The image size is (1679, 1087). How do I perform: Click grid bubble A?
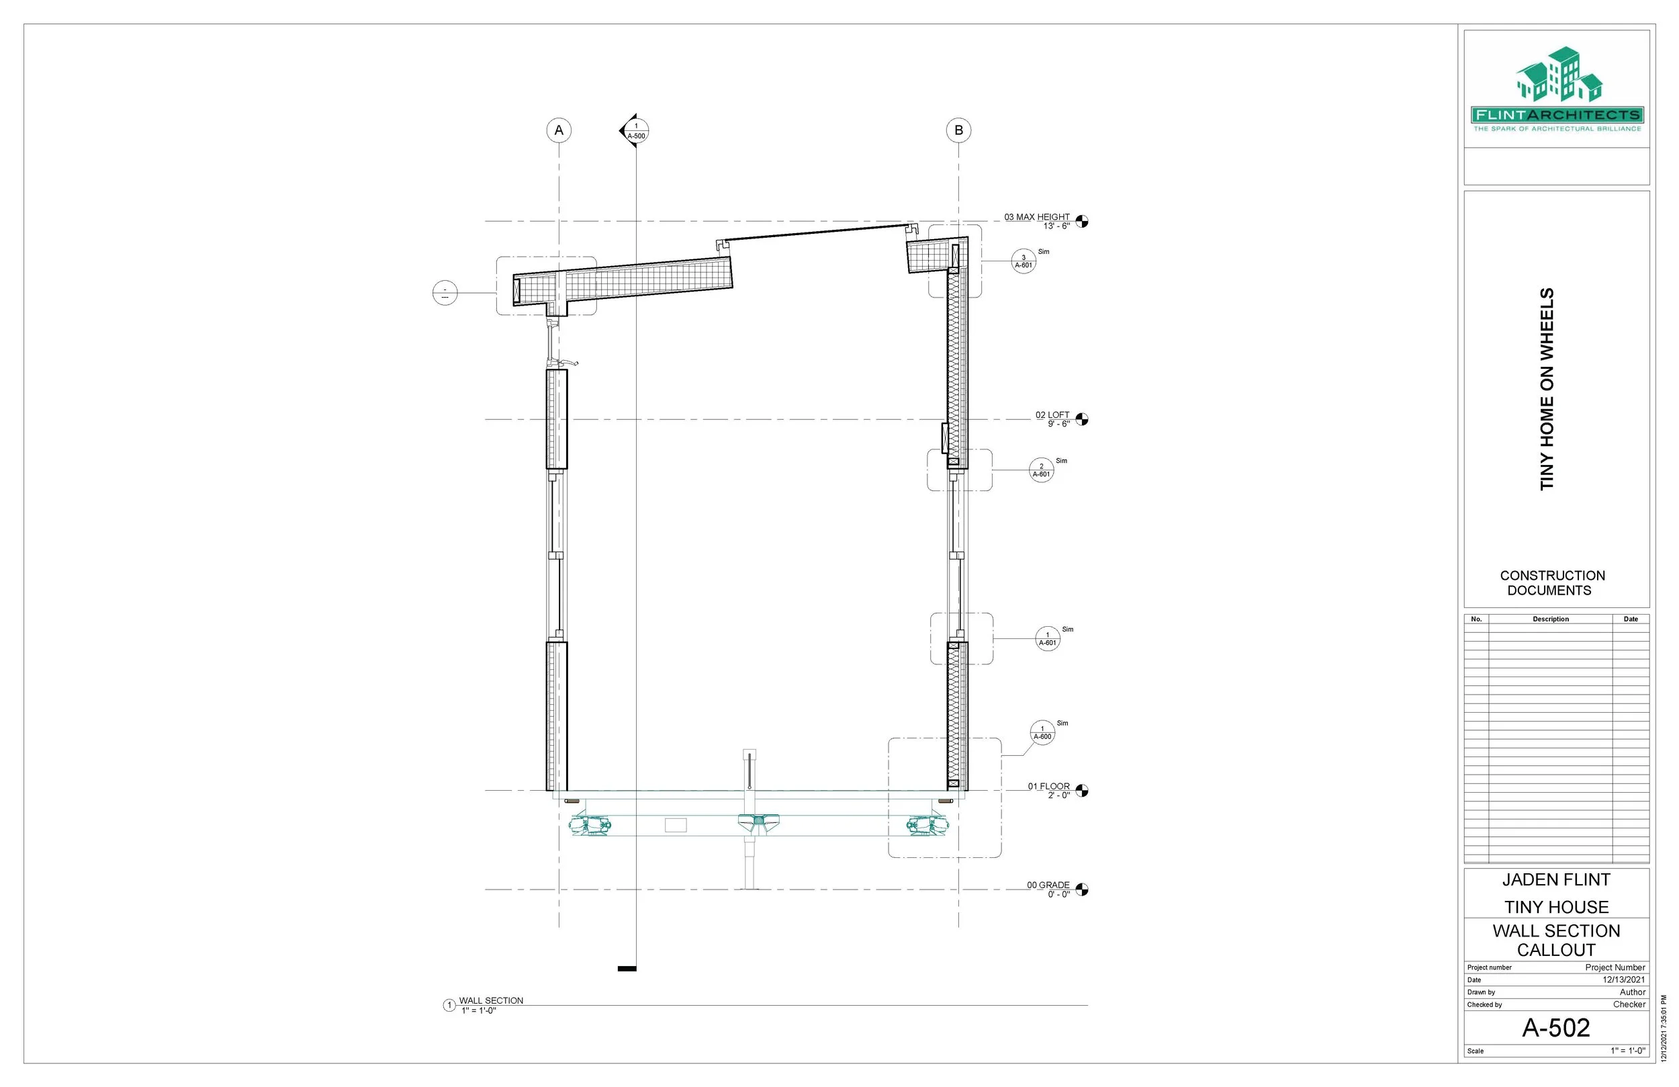click(559, 130)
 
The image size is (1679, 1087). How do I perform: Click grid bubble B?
click(958, 130)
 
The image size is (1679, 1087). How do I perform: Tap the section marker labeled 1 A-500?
click(634, 131)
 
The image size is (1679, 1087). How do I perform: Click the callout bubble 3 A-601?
click(1024, 261)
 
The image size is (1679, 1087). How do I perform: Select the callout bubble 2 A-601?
click(1041, 470)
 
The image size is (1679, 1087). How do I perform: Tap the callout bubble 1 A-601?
click(1048, 639)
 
